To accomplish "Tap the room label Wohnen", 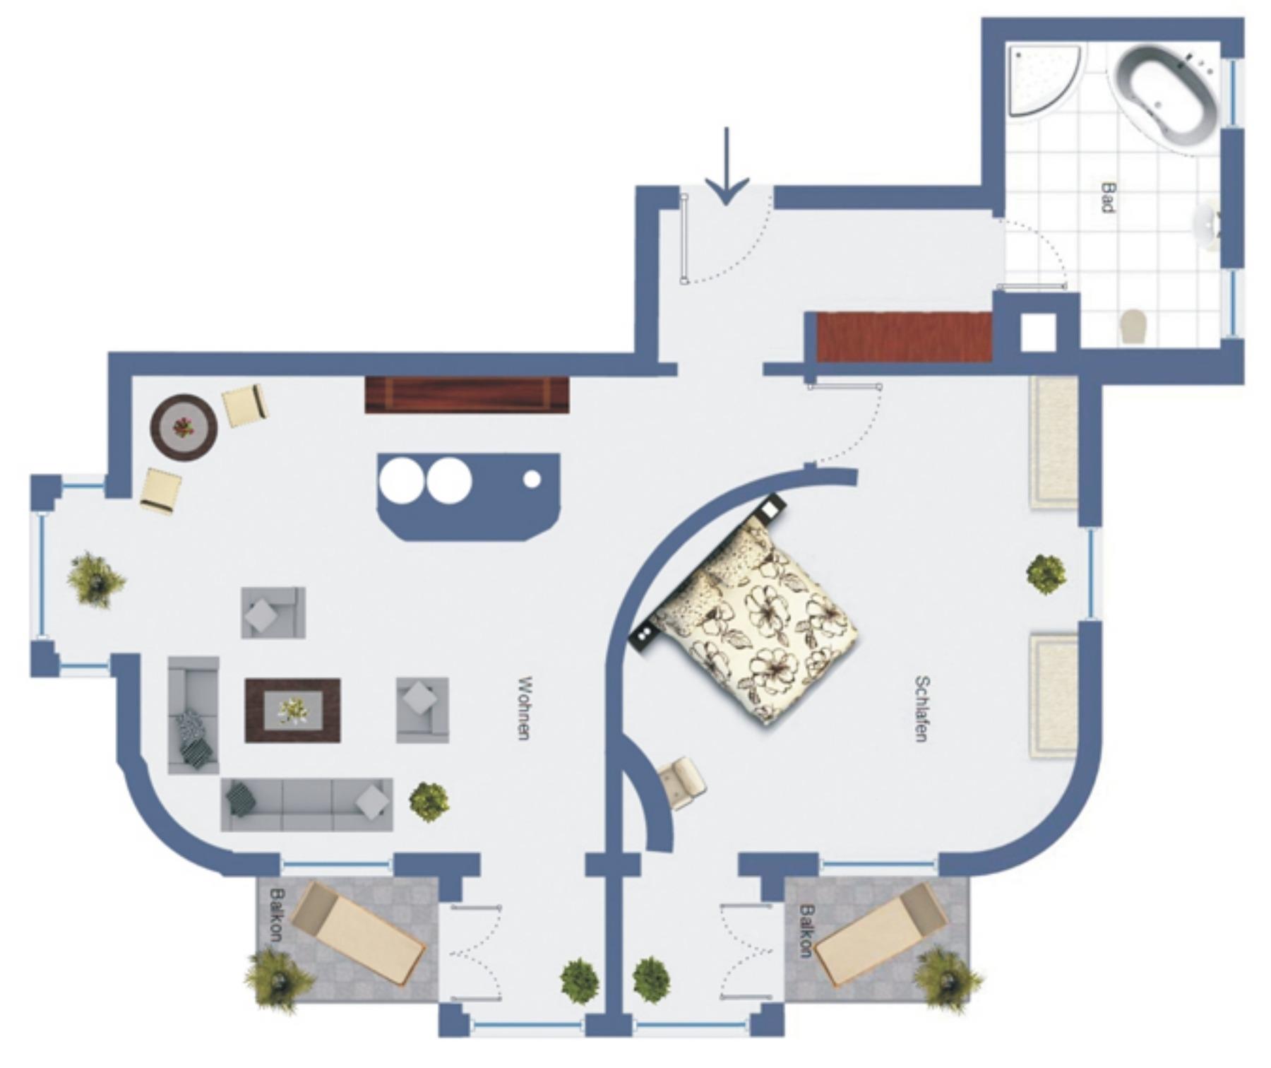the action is coord(524,708).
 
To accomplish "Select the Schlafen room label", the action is coord(921,708).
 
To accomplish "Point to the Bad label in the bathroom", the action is coord(1108,197).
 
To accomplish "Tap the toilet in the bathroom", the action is coord(1134,326).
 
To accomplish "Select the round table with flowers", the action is coord(184,427).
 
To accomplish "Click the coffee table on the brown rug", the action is coord(292,710).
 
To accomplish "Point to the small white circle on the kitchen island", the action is coord(532,479).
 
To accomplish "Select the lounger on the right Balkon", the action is coord(881,935).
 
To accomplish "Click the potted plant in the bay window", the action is coord(95,581).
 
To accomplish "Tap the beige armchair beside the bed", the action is coord(681,782).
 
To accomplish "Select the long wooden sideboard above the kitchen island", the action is coord(467,395).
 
